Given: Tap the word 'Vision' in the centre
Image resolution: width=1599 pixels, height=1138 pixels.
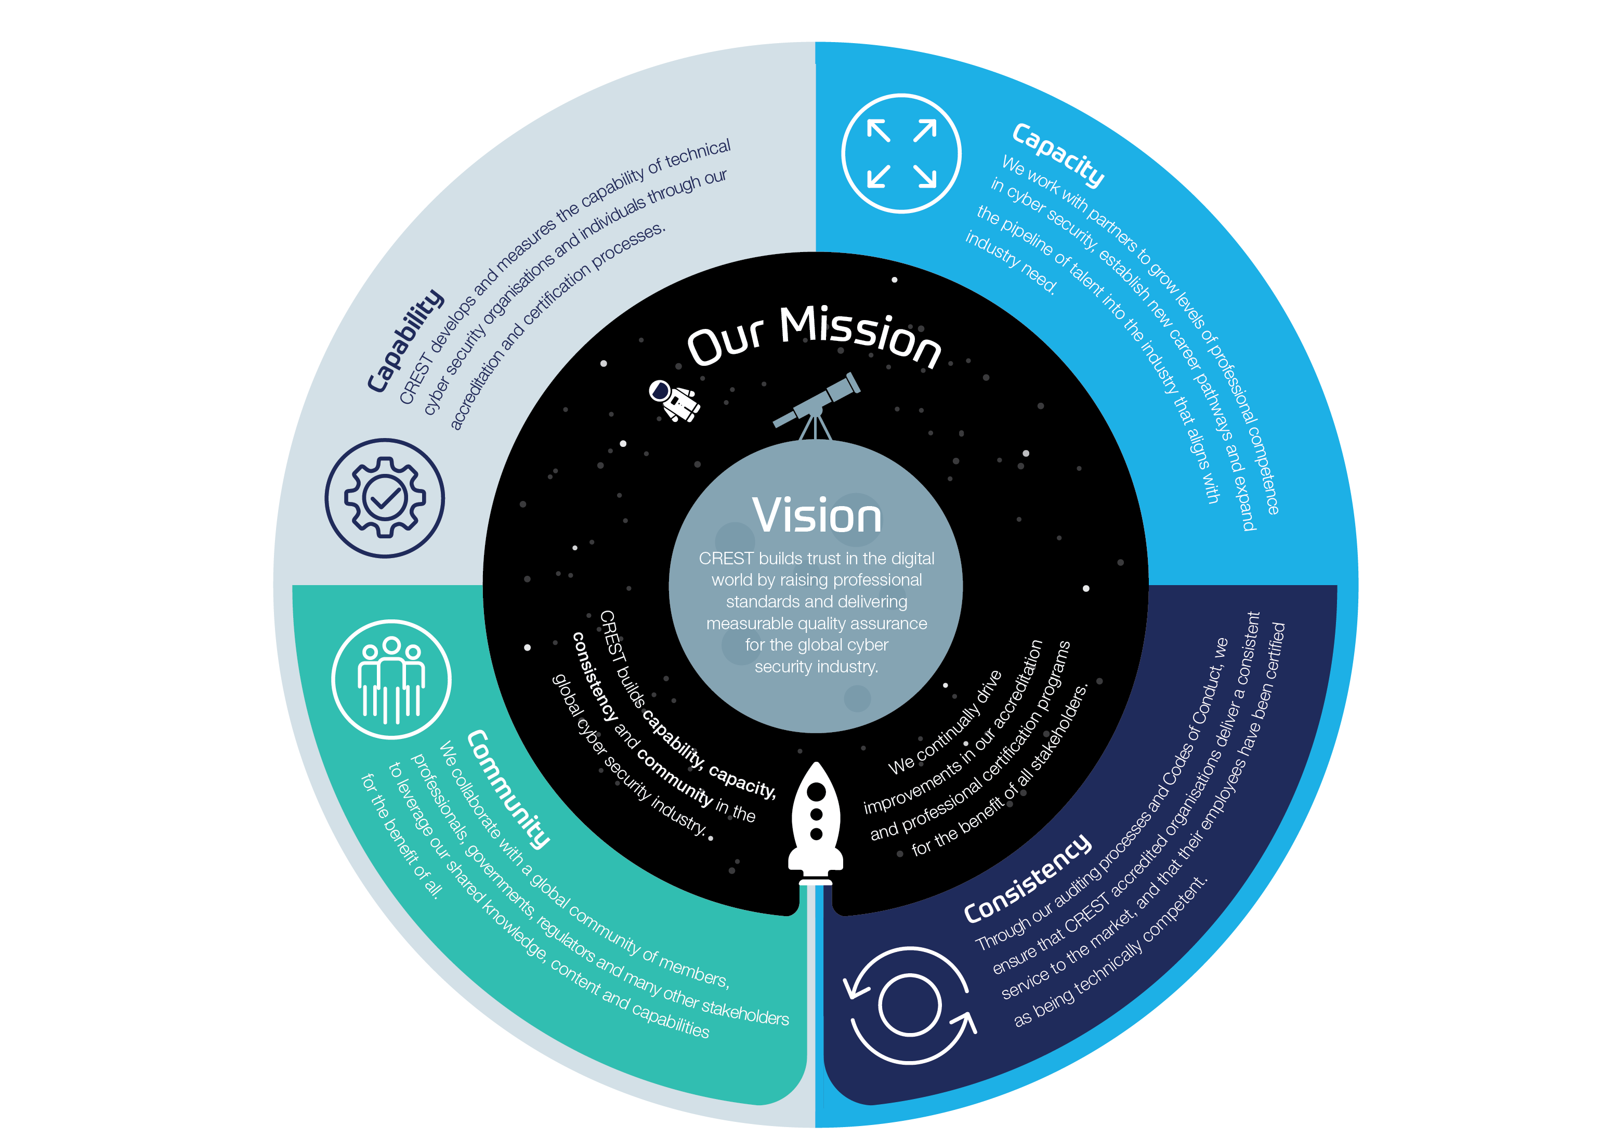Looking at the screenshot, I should (x=817, y=516).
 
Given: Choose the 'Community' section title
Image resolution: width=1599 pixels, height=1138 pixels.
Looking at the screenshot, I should (x=508, y=788).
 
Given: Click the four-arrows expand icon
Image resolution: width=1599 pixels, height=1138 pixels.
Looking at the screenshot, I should (x=901, y=153).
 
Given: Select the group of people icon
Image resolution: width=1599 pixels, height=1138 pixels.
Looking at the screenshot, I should (x=391, y=679).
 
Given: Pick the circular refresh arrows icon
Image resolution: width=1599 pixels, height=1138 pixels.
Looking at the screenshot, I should (x=909, y=1005).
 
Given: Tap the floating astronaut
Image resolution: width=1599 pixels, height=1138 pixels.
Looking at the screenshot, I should (x=673, y=400).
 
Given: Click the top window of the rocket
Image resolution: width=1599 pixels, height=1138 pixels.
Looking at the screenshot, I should (x=816, y=792).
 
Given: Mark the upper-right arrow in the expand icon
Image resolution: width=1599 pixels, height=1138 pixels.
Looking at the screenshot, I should (x=925, y=130).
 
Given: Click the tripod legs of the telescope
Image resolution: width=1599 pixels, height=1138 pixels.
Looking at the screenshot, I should (x=815, y=426).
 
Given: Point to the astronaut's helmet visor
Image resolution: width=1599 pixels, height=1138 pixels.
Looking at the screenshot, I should (x=660, y=390).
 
